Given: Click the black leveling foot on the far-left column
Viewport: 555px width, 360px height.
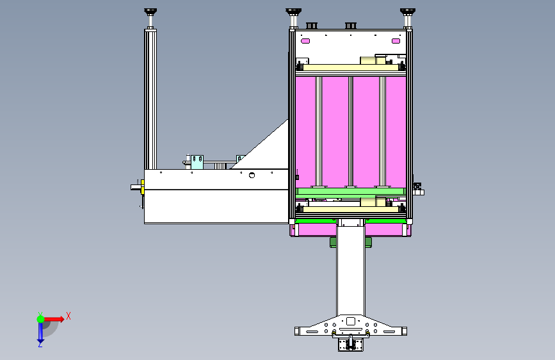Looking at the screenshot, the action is click(x=150, y=12).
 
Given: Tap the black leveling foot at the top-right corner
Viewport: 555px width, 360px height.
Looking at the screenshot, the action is click(x=407, y=12).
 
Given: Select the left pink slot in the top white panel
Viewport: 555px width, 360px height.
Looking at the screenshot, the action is click(x=305, y=41).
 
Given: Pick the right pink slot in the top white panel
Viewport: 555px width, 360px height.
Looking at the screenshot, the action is click(x=396, y=41).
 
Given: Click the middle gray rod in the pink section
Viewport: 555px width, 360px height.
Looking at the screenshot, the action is click(x=350, y=131).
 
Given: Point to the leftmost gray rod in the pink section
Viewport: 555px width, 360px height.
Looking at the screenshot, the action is click(x=319, y=131).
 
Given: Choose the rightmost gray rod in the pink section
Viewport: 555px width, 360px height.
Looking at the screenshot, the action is click(x=382, y=131).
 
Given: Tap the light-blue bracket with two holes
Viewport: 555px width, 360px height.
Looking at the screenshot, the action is click(x=197, y=162).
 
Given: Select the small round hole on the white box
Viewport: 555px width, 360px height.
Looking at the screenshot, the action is click(x=252, y=175).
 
